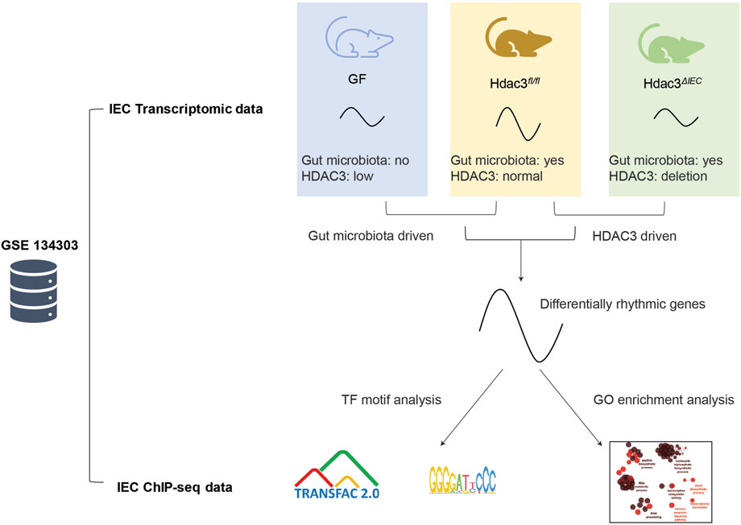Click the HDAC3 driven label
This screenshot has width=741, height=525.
tap(634, 238)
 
